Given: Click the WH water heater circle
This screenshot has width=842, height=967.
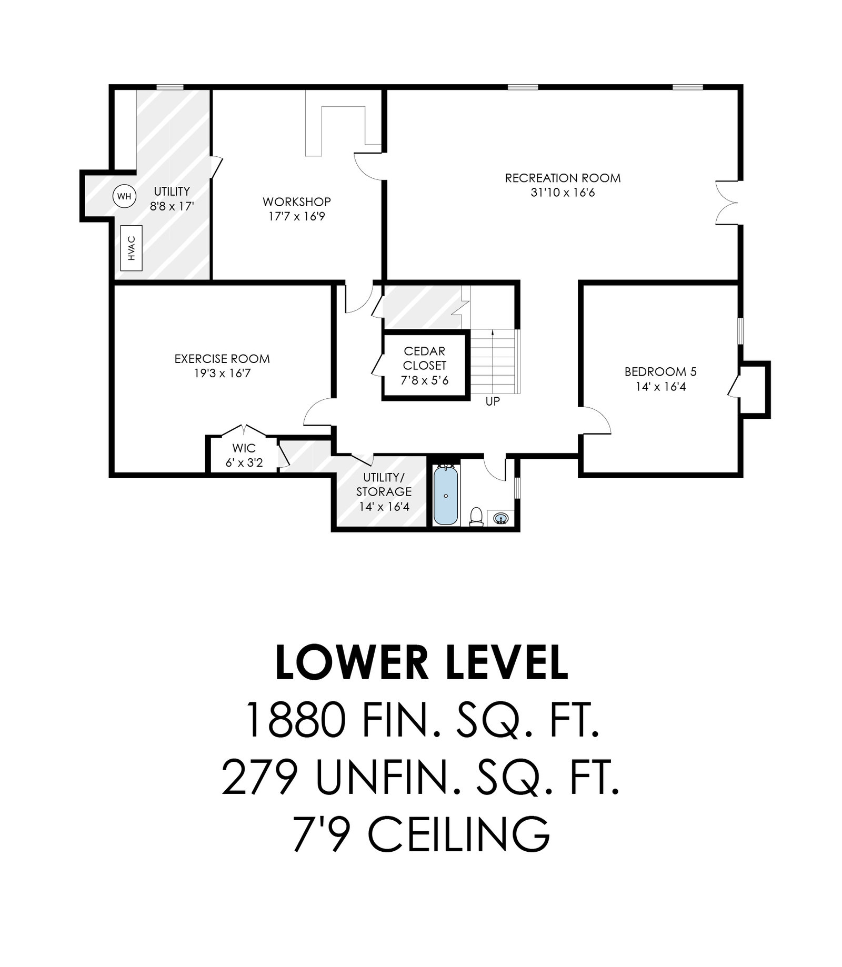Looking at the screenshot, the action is pyautogui.click(x=124, y=197).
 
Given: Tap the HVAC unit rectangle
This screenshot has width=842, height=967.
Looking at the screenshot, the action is pyautogui.click(x=132, y=248).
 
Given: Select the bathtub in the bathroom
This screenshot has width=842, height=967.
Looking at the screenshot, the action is pyautogui.click(x=446, y=495).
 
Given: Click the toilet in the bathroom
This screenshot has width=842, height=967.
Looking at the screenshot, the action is pyautogui.click(x=476, y=516).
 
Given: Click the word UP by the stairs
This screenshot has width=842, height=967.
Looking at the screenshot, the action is pyautogui.click(x=493, y=401).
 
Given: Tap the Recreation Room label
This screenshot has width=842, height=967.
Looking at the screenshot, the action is pyautogui.click(x=563, y=178).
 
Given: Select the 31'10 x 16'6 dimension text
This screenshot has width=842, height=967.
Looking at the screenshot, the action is pyautogui.click(x=563, y=193).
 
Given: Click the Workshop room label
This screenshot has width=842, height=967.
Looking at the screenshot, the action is pyautogui.click(x=297, y=202).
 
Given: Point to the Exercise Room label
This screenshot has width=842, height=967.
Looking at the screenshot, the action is pyautogui.click(x=222, y=359).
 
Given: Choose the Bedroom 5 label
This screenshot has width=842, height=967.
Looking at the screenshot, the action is pyautogui.click(x=660, y=372).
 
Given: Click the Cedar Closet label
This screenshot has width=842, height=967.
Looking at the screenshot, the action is pyautogui.click(x=425, y=358).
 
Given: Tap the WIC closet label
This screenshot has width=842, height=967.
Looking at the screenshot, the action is pyautogui.click(x=244, y=448).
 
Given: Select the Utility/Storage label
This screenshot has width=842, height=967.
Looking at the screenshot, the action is pyautogui.click(x=384, y=485).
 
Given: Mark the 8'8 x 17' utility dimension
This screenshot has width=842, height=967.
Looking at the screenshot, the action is pyautogui.click(x=172, y=206).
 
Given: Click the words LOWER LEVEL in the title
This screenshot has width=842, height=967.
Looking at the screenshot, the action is pyautogui.click(x=422, y=663).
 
